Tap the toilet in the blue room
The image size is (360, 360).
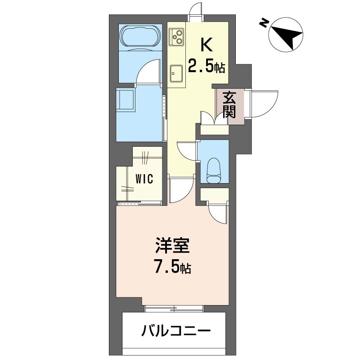[213, 171]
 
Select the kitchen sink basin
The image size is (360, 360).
[176, 71]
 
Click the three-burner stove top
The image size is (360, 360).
[176, 36]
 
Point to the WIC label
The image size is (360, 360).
[145, 179]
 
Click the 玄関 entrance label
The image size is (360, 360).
[229, 105]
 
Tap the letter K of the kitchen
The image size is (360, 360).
[206, 45]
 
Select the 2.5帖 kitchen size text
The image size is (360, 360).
[206, 67]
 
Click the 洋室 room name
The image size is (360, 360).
[172, 247]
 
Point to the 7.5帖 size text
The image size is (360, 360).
[173, 268]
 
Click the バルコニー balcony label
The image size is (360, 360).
[176, 333]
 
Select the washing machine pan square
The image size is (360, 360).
[126, 99]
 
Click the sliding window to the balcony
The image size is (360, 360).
[174, 309]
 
